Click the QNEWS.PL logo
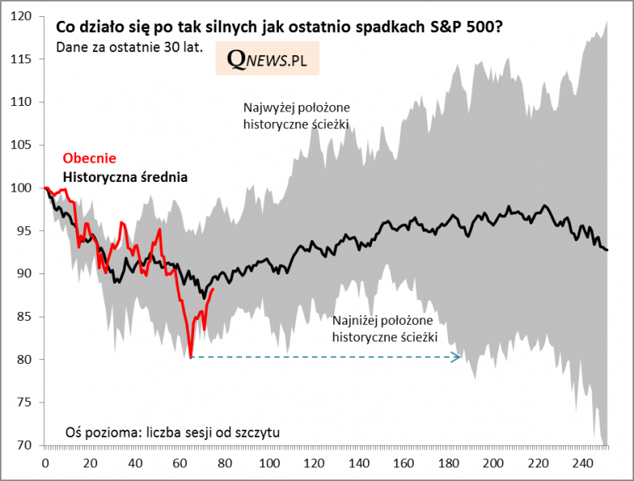(267, 59)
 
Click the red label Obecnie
(89, 158)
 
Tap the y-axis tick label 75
(25, 402)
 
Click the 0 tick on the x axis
(45, 463)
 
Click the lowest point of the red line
(191, 357)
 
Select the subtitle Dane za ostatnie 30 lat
(129, 46)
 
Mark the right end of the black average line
(608, 250)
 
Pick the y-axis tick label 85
(25, 317)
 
